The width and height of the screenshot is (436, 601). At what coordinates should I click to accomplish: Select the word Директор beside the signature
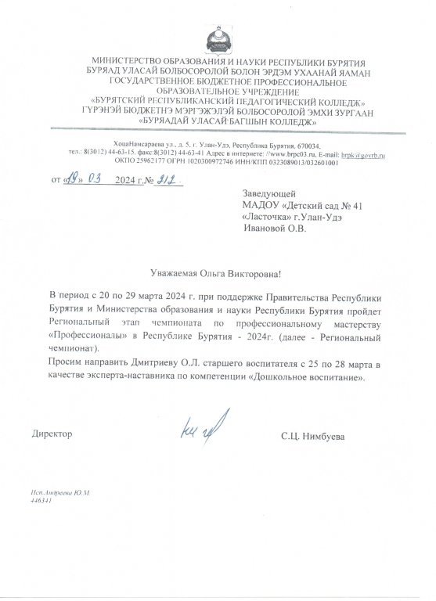52,433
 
